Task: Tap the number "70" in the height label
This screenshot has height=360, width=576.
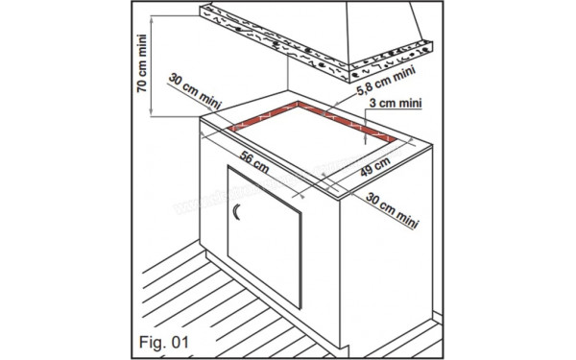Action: [141, 85]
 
